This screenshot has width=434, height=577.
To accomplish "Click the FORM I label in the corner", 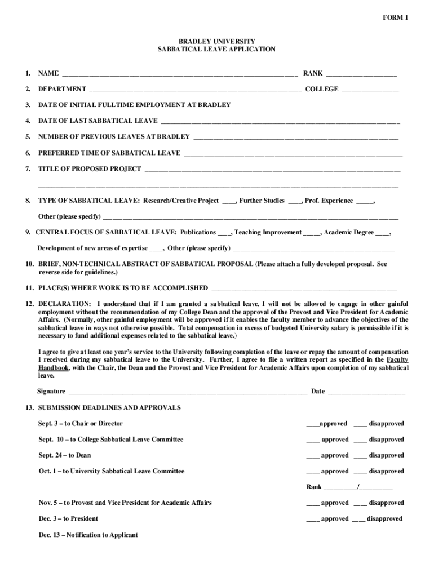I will point(396,17).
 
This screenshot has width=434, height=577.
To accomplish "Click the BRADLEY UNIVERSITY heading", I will point(217,41).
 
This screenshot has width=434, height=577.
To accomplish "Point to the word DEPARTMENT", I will point(62,89).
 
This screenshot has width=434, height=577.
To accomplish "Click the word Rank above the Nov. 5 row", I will point(314,487).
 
